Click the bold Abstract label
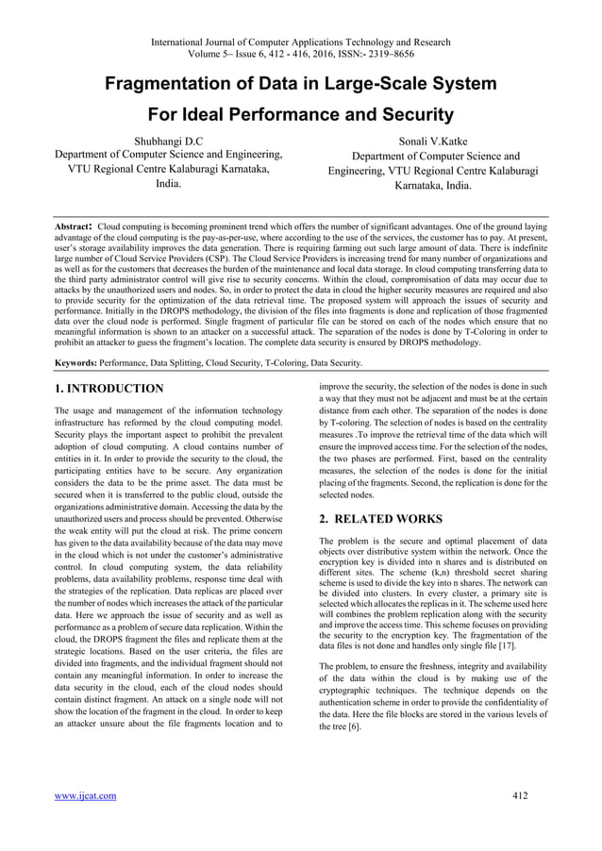tap(75, 227)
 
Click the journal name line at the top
tap(301, 41)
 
